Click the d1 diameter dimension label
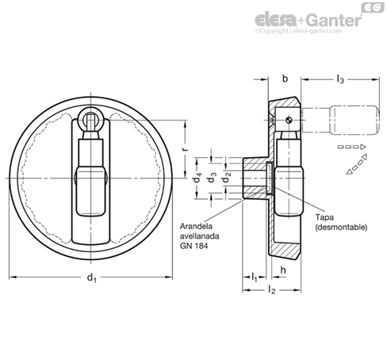pyautogui.click(x=92, y=278)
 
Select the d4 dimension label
pyautogui.click(x=197, y=178)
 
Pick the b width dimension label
pyautogui.click(x=285, y=79)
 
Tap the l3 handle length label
pyautogui.click(x=340, y=79)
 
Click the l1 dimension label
pyautogui.click(x=254, y=277)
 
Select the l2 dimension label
pyautogui.click(x=271, y=290)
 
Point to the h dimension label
pyautogui.click(x=283, y=270)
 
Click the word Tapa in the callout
pyautogui.click(x=324, y=217)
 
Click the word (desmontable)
pyautogui.click(x=341, y=227)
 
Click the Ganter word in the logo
pyautogui.click(x=335, y=20)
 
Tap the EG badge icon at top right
pyautogui.click(x=373, y=7)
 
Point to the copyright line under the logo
pyautogui.click(x=298, y=31)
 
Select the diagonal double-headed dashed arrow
pyautogui.click(x=357, y=164)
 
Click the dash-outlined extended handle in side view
pyautogui.click(x=340, y=120)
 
